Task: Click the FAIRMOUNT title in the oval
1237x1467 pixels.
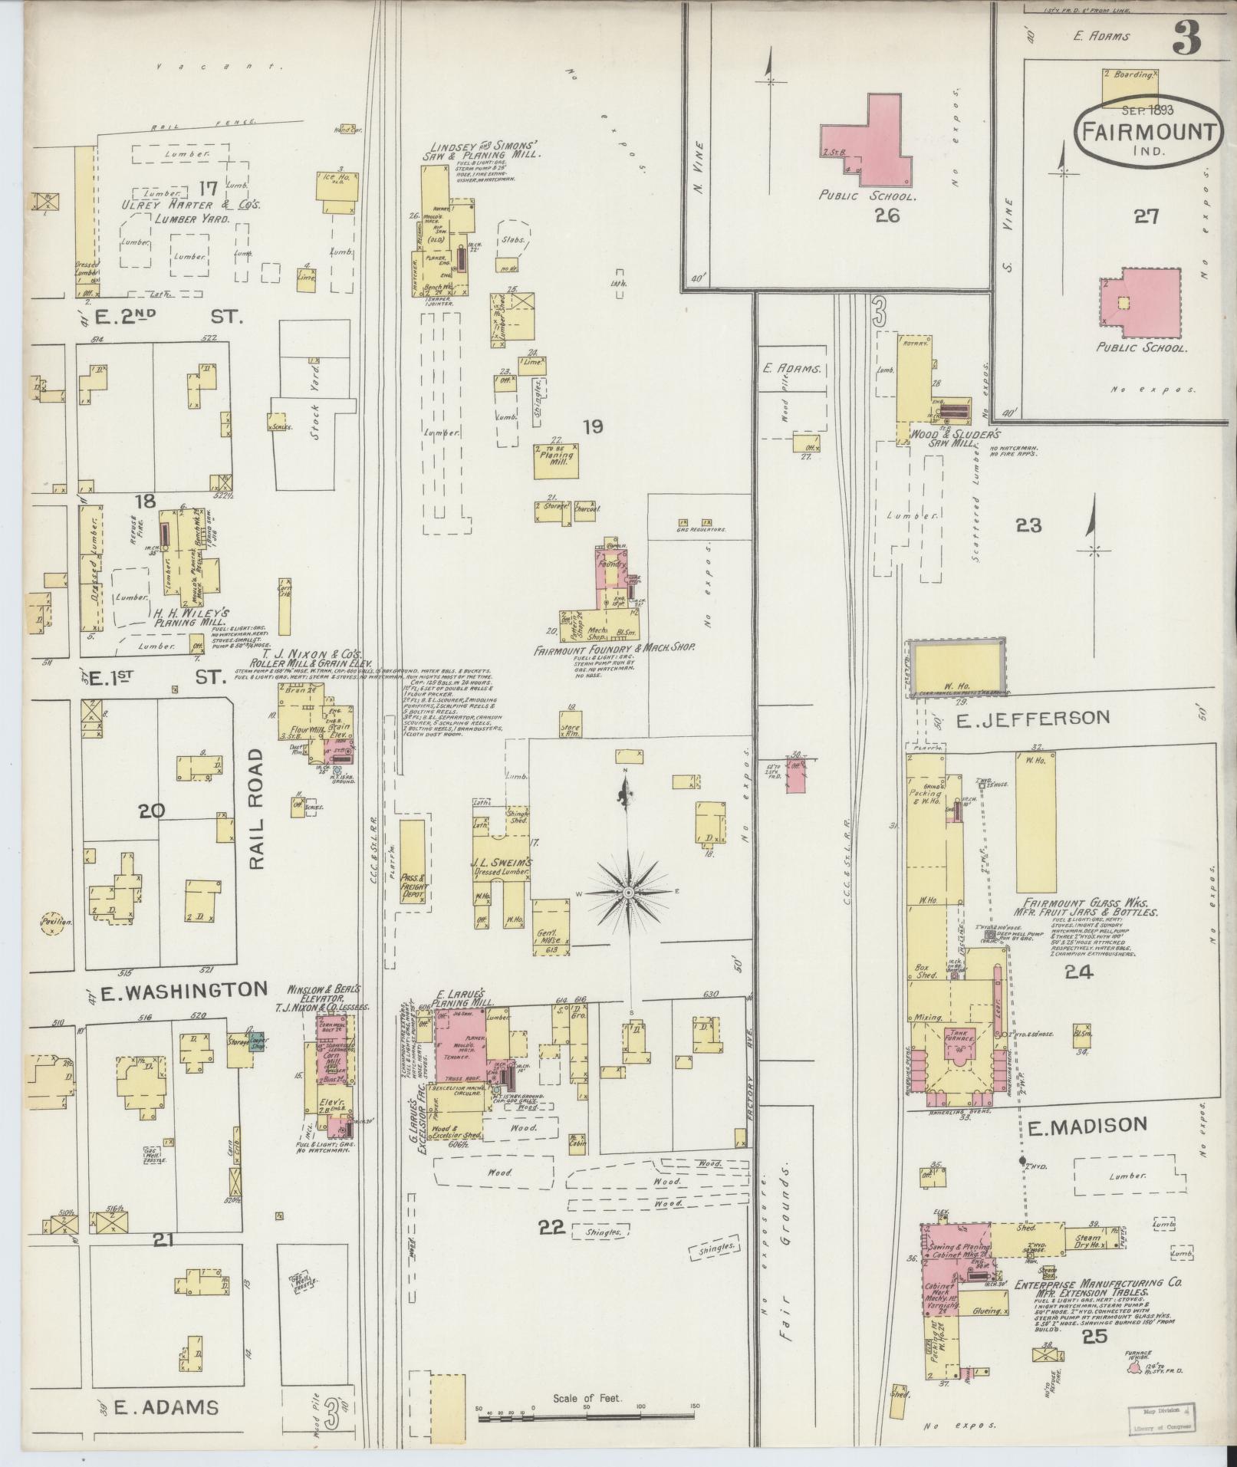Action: point(1148,130)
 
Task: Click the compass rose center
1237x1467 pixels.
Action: point(628,892)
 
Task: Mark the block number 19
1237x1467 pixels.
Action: point(591,427)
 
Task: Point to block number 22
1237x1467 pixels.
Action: point(552,1228)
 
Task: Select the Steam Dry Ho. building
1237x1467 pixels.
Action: point(1087,1240)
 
